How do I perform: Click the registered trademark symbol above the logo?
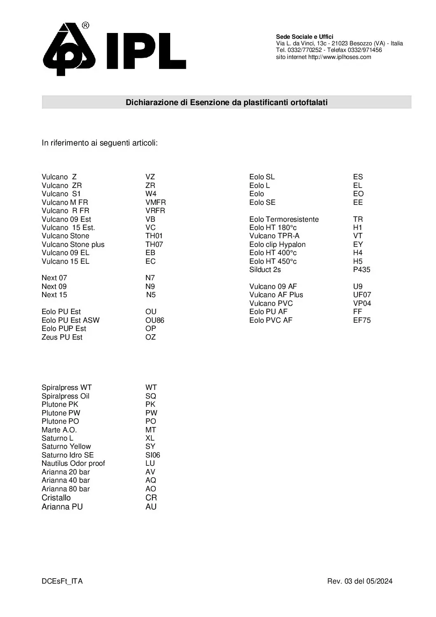coord(85,26)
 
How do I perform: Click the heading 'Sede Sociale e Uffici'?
coord(305,37)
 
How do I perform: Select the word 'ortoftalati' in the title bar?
coord(307,102)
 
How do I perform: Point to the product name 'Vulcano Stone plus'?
coord(73,244)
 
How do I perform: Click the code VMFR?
coord(155,202)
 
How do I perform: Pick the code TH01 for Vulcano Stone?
coord(154,236)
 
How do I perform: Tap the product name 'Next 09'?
coord(54,286)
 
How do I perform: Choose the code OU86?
coord(155,320)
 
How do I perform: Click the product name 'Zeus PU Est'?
coord(62,337)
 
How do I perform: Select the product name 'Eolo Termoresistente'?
coord(284,219)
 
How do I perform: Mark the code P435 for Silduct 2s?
coord(361,270)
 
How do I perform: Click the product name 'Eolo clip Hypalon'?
coord(277,244)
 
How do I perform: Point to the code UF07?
coord(362,295)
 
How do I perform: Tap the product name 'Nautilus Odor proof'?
coord(73,463)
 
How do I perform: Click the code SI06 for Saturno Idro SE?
coord(152,455)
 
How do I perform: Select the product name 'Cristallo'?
coord(56,497)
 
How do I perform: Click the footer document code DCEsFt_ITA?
coord(62,581)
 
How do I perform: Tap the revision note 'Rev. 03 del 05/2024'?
coord(360,581)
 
